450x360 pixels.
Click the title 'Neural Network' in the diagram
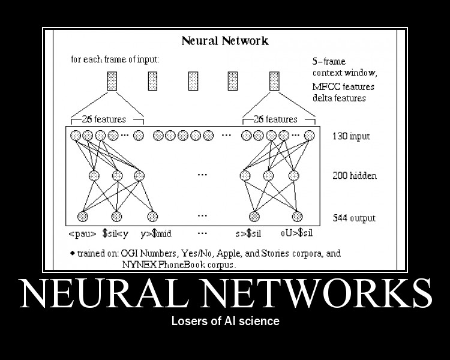pos(225,41)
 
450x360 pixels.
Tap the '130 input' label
pos(351,136)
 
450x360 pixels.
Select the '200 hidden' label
pos(355,176)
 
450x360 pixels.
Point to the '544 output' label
pos(354,218)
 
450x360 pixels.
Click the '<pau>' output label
pos(82,233)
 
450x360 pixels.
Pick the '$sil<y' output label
pos(116,233)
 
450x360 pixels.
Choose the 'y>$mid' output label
pos(155,233)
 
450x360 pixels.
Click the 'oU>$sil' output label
pos(296,233)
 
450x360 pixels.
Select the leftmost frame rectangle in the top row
pos(112,81)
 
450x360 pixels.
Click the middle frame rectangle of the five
pos(193,81)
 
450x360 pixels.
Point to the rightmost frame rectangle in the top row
pos(274,81)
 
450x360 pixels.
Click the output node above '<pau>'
pos(83,216)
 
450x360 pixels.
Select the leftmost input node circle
pos(76,136)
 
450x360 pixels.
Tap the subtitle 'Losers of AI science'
pos(225,321)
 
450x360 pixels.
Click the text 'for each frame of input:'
pos(115,60)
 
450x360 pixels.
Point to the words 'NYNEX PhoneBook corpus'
pos(179,263)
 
